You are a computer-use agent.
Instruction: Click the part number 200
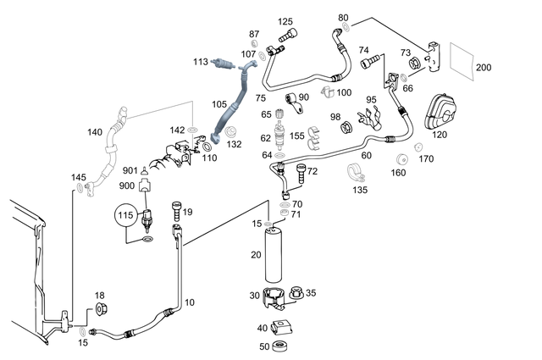click(x=484, y=68)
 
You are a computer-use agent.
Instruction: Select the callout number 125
click(x=285, y=21)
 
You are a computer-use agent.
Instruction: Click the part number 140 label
click(x=95, y=132)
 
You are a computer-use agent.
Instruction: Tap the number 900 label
click(x=127, y=185)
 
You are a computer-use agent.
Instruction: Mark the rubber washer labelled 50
click(x=283, y=346)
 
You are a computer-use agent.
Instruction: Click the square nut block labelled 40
click(x=285, y=327)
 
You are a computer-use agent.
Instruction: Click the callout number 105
click(x=219, y=104)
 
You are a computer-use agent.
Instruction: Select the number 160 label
click(x=398, y=174)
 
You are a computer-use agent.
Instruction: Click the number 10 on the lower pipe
click(x=189, y=302)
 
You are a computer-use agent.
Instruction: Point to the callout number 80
click(x=343, y=17)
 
